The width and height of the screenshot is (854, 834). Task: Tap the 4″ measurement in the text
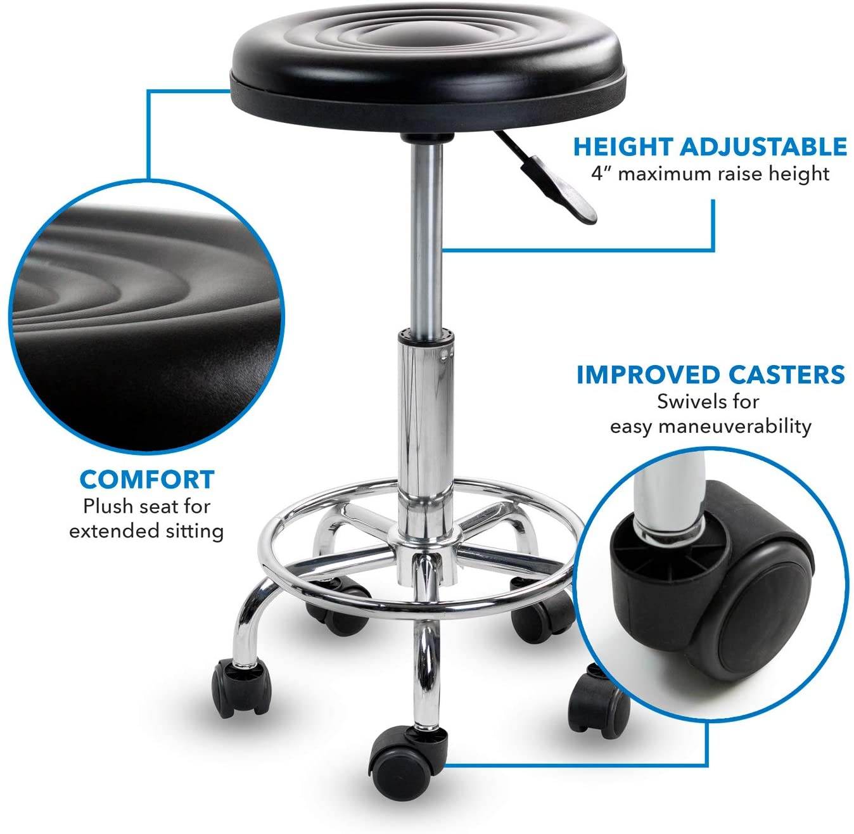point(601,173)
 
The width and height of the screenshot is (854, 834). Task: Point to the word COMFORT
point(147,480)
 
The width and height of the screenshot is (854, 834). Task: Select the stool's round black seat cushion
point(428,57)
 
